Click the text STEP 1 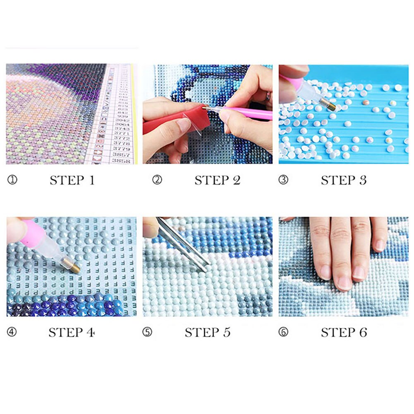pos(72,180)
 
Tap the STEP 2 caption pos(217,180)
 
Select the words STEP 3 pos(344,180)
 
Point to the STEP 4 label pos(72,333)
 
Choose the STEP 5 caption pos(208,333)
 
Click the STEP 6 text pos(344,333)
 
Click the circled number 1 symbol pos(12,180)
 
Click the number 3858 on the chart pos(122,160)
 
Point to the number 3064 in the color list pos(122,124)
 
